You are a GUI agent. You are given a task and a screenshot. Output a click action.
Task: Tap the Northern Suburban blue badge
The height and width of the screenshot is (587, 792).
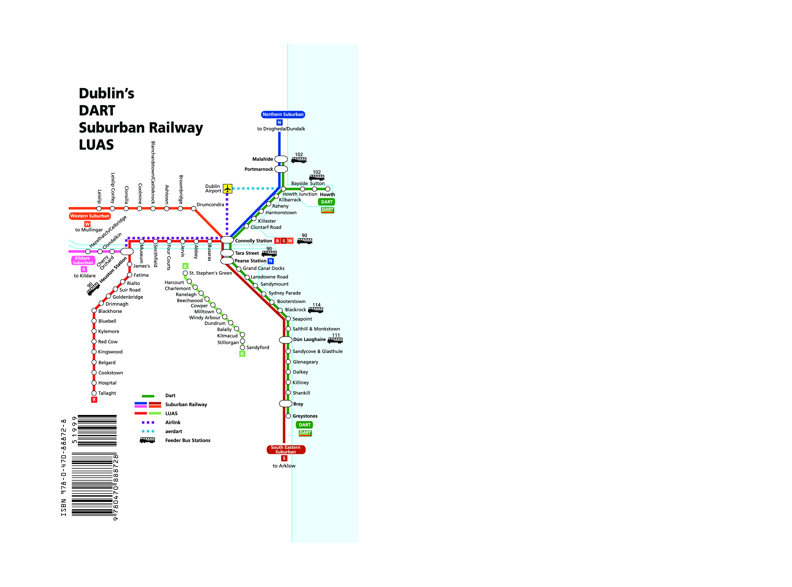click(283, 114)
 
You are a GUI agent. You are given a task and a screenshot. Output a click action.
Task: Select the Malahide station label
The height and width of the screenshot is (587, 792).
click(263, 159)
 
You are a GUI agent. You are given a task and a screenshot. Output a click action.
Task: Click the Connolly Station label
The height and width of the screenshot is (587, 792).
click(254, 241)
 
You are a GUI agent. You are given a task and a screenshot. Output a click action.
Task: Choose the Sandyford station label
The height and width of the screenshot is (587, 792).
click(258, 348)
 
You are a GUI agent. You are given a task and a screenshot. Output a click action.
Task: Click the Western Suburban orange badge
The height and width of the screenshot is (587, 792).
click(90, 216)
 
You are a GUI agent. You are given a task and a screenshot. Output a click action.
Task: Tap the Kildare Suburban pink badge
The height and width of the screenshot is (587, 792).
click(83, 260)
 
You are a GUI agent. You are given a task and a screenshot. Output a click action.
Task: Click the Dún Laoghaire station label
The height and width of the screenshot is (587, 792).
click(309, 340)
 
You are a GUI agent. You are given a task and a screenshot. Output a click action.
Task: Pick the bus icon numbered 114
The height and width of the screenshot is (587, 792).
click(316, 310)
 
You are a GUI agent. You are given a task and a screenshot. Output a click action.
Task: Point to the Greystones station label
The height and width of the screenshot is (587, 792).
click(305, 416)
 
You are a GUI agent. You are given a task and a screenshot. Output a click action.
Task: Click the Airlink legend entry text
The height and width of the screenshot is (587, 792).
click(173, 422)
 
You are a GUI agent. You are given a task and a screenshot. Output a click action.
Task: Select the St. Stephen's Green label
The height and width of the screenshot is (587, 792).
click(211, 273)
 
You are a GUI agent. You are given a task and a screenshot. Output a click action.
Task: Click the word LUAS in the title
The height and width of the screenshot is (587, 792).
click(96, 145)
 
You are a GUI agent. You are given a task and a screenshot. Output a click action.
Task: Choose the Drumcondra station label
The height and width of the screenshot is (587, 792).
click(210, 205)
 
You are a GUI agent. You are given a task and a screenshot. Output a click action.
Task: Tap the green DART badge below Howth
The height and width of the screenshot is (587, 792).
click(327, 202)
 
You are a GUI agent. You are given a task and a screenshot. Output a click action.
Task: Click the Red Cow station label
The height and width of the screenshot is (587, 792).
click(108, 342)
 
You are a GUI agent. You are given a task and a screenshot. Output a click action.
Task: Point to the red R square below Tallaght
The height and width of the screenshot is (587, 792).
click(94, 400)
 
